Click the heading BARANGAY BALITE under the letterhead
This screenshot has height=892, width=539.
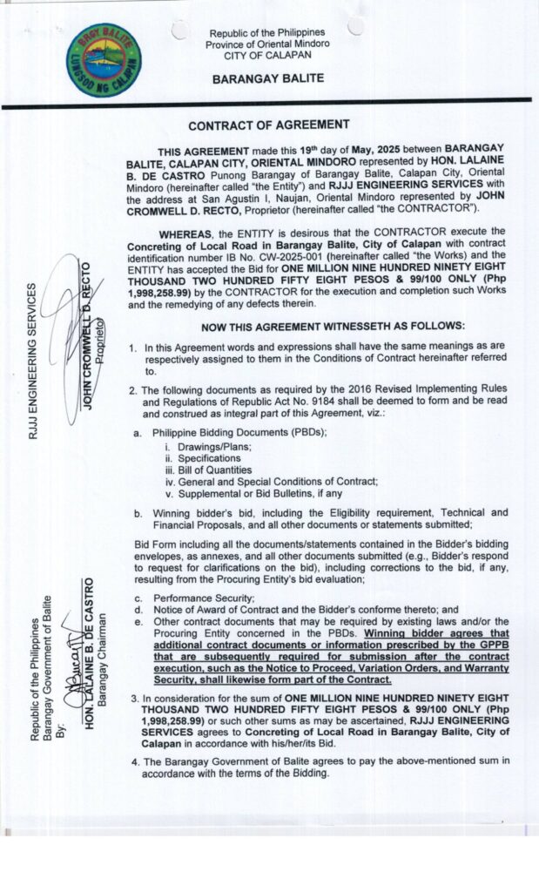pyautogui.click(x=268, y=78)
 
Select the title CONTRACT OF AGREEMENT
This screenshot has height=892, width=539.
pyautogui.click(x=269, y=125)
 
